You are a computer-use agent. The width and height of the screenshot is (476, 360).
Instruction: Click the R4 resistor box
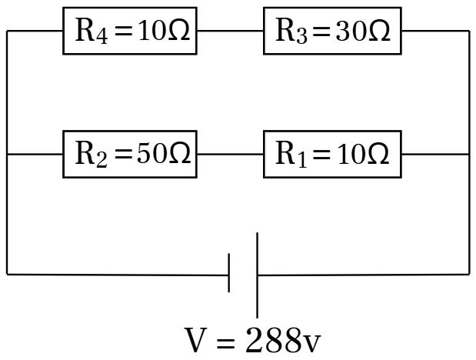(x=129, y=32)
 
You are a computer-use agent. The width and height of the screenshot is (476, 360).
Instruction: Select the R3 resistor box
(x=332, y=32)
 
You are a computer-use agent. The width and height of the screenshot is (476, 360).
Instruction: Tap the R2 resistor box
(x=129, y=154)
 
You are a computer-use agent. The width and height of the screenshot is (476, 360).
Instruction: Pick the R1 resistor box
(x=332, y=154)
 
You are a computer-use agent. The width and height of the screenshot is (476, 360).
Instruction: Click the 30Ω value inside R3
(x=363, y=32)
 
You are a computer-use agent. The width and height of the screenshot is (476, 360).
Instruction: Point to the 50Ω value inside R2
(x=163, y=154)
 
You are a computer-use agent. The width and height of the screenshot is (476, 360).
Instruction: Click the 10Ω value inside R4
(x=163, y=32)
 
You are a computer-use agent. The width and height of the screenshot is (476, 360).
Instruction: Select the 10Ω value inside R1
(x=363, y=154)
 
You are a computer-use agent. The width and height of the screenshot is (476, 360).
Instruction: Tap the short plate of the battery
(x=229, y=274)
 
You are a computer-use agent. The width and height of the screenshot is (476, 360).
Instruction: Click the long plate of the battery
(x=257, y=274)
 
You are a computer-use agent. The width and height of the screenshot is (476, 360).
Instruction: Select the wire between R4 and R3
(x=230, y=32)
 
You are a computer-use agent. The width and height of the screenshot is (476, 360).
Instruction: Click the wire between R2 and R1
(x=230, y=154)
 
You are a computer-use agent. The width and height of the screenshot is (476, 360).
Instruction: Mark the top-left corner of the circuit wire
(x=8, y=32)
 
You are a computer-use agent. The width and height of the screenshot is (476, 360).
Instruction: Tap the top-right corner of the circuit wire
(x=468, y=32)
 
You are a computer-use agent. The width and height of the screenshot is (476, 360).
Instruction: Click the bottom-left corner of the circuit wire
(x=8, y=273)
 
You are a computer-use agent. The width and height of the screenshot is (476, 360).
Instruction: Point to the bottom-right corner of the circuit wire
(x=468, y=273)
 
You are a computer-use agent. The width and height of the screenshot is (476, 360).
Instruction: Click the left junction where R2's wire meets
(x=8, y=154)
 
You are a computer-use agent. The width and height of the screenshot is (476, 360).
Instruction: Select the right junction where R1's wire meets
(x=468, y=154)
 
